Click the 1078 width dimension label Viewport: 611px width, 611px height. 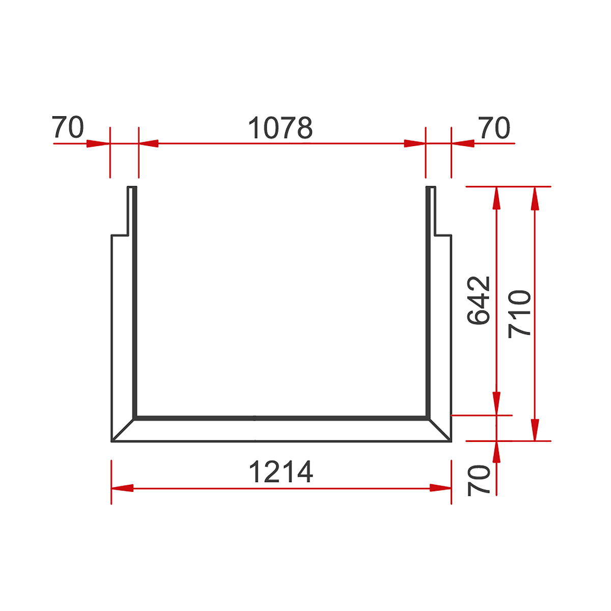(x=280, y=128)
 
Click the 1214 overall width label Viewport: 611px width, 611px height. (x=281, y=472)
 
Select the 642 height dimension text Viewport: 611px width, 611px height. (x=479, y=300)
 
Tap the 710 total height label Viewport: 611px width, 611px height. (x=519, y=314)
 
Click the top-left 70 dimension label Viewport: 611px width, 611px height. (x=68, y=127)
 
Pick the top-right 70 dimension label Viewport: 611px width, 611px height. (x=494, y=128)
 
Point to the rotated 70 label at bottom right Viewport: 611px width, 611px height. (x=479, y=480)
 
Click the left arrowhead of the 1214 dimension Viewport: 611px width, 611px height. (x=122, y=488)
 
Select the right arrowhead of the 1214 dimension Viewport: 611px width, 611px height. (x=440, y=488)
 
